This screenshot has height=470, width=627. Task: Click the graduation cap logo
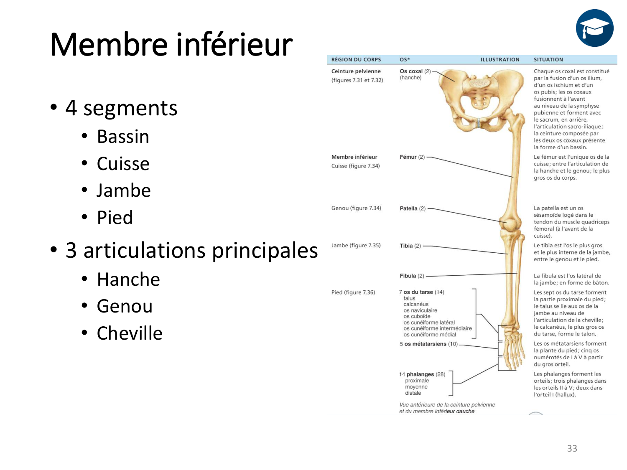pos(594,28)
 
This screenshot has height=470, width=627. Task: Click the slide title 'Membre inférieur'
pos(171,44)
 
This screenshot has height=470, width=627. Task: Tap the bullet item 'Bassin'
pos(123,137)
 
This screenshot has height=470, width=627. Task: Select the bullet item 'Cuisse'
pos(123,164)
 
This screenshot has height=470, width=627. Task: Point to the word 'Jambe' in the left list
pos(123,191)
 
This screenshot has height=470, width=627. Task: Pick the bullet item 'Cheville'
pos(130,333)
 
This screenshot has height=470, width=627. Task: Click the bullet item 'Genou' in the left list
pos(125,306)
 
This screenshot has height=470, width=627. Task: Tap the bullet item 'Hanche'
pos(128,279)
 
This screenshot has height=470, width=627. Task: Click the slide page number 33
pos(572,448)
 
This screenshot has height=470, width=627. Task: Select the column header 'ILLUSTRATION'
pos(500,60)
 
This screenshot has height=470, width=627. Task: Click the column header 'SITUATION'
pos(548,60)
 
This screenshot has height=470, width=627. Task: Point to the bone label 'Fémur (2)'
pos(412,157)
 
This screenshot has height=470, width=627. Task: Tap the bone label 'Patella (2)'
pos(413,208)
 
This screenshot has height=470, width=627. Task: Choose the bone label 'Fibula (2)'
pos(412,276)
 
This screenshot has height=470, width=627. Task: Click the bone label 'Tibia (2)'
pos(410,246)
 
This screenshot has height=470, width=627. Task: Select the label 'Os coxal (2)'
pos(415,71)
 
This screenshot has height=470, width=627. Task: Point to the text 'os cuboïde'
pos(417,316)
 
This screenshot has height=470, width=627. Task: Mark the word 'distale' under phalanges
pos(413,393)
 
